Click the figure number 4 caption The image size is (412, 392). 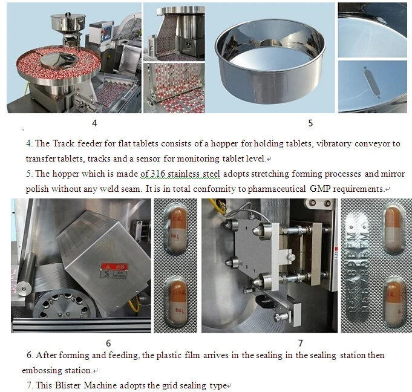point(94,123)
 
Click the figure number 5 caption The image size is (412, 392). point(310,123)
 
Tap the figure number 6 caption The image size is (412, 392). point(108,343)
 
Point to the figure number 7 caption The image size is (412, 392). point(301,343)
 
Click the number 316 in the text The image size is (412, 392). point(158,174)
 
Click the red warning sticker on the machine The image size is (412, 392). point(114,266)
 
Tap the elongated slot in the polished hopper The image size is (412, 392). point(371,83)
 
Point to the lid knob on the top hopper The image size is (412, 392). point(68,14)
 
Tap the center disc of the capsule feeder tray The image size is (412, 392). point(58,59)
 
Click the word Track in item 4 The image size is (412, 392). point(64,143)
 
